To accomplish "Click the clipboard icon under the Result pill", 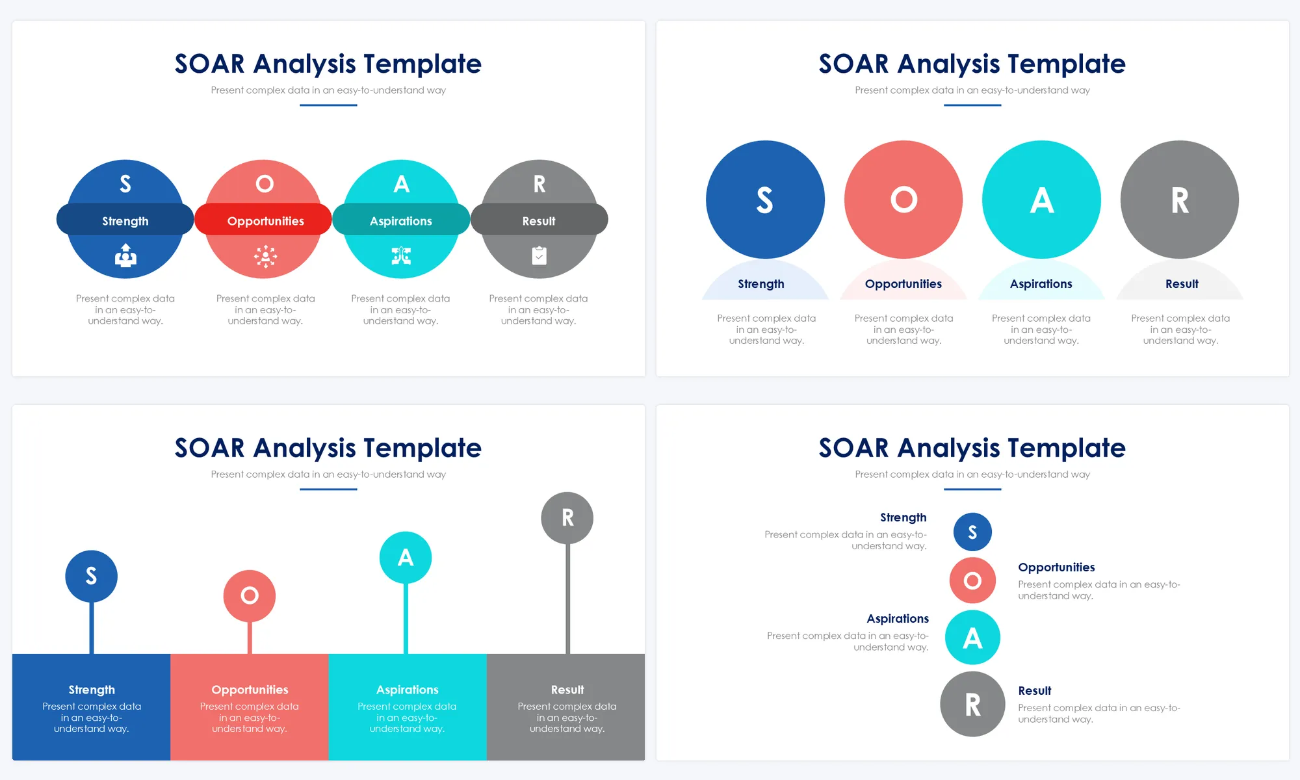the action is click(x=539, y=255).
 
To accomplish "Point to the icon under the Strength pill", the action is click(x=125, y=255).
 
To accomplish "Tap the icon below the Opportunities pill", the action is click(x=265, y=256).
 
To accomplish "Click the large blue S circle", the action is click(x=765, y=200).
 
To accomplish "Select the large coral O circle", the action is click(x=903, y=200).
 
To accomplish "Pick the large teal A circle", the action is click(x=1041, y=200).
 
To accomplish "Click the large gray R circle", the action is click(x=1180, y=200).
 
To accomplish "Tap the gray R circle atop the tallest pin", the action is click(x=567, y=518).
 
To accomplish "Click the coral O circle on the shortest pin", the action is click(x=250, y=595).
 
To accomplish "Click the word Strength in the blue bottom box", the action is click(x=92, y=690).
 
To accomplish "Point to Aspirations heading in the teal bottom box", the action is click(x=408, y=690).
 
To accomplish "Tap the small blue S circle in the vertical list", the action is click(x=972, y=532).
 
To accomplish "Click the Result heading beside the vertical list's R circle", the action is click(x=1035, y=690).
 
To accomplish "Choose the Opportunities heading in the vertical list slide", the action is click(x=1056, y=567).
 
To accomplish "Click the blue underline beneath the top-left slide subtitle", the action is click(x=328, y=105).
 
